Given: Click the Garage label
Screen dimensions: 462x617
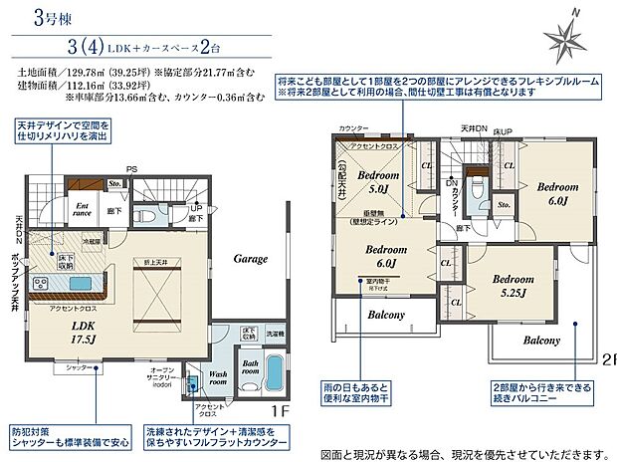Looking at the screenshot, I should click(250, 258).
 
